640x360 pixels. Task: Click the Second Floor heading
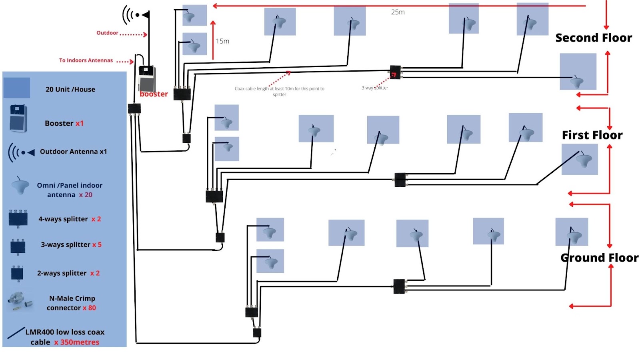[594, 38]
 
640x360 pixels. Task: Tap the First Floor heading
[592, 135]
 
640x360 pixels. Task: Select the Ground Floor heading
[599, 258]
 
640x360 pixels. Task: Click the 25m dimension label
[398, 12]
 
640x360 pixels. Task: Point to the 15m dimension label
[222, 41]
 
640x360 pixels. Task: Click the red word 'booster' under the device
[154, 94]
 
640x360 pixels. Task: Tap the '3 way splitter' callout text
[375, 88]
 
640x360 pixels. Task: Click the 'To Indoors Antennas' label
[86, 60]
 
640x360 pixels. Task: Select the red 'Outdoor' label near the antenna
[107, 33]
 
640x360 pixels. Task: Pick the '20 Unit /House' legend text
[70, 89]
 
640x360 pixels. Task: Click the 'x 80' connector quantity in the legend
[89, 308]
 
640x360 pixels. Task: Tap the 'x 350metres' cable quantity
[77, 342]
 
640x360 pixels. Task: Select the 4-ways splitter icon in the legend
[18, 218]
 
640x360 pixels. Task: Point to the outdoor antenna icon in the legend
[21, 152]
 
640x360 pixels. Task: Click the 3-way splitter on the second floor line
[395, 72]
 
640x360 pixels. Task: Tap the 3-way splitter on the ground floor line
[399, 286]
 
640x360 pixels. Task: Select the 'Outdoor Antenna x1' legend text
[73, 152]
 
